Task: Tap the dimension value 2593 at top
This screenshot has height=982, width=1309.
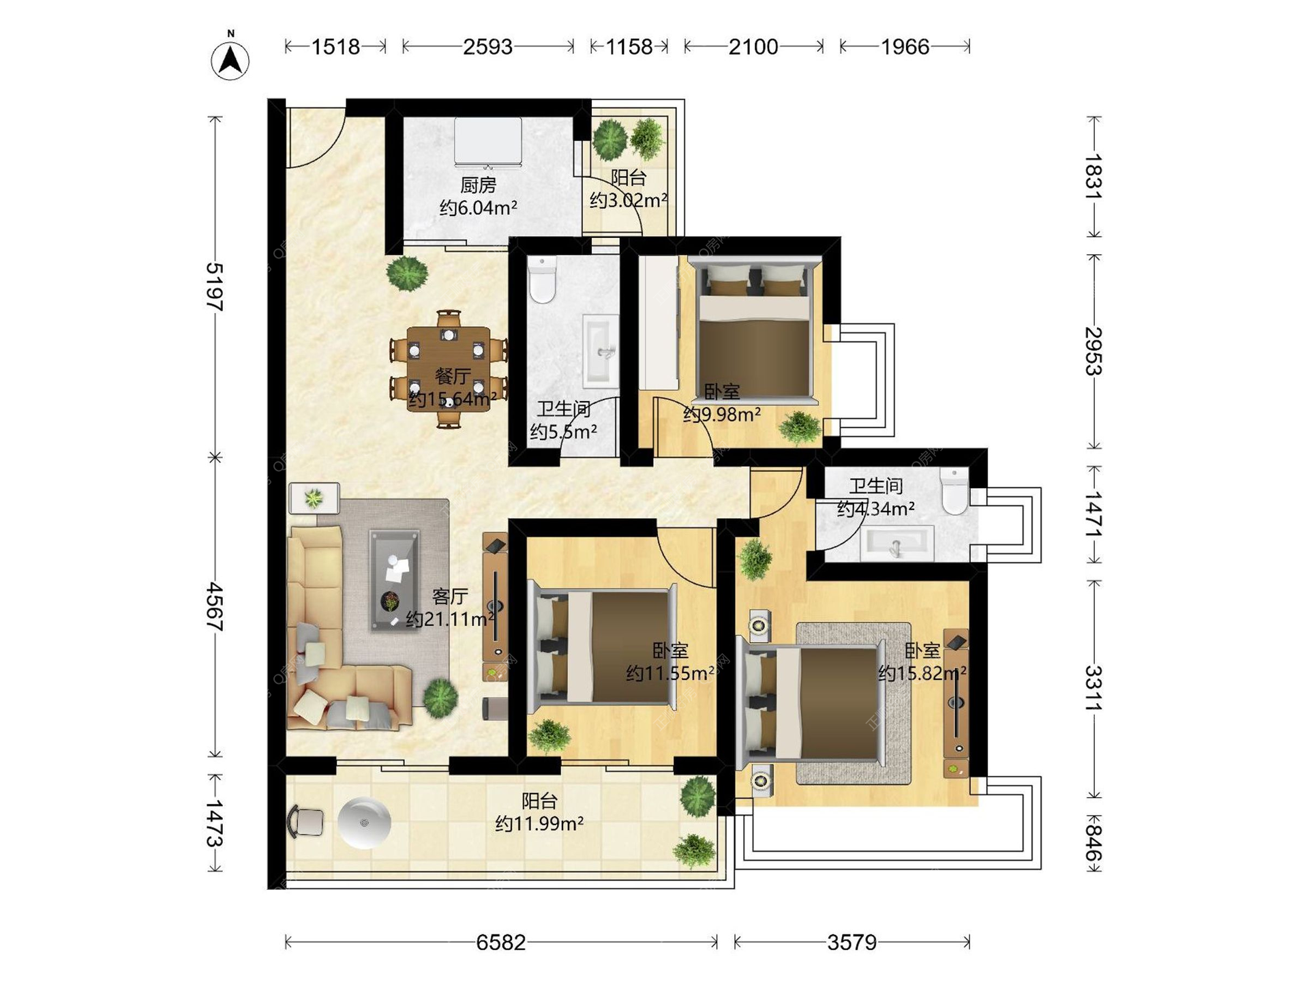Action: point(487,46)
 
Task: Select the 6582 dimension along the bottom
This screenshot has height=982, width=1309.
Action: point(501,942)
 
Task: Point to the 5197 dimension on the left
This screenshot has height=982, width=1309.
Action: point(215,286)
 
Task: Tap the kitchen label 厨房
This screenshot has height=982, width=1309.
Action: point(478,185)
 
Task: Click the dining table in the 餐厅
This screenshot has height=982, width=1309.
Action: point(449,369)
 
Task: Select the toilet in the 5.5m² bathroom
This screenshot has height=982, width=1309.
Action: point(543,279)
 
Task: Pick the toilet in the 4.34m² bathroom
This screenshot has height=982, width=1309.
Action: point(954,491)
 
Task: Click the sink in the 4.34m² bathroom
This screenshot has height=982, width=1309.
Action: point(896,544)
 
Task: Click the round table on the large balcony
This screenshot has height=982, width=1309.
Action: point(365,823)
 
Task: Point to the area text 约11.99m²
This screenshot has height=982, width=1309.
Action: point(539,824)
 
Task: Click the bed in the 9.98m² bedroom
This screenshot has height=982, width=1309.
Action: point(754,330)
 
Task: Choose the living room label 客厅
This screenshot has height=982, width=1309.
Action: point(450,597)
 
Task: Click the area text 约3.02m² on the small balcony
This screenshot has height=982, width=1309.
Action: point(629,200)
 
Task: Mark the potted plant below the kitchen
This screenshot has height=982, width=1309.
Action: point(407,273)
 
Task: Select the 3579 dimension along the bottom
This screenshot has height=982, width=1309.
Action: point(852,942)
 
